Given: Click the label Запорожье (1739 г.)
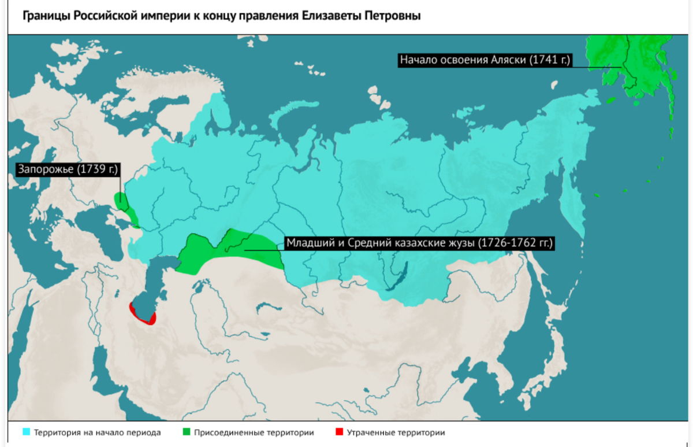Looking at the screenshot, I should click(x=67, y=169).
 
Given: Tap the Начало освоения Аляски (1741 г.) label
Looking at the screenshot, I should click(x=485, y=60).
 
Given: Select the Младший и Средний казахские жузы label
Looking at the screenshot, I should click(x=419, y=243).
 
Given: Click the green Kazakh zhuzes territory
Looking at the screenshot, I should click(x=231, y=250).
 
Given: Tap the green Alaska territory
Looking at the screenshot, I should click(x=635, y=64).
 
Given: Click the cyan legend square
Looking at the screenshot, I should click(x=26, y=432).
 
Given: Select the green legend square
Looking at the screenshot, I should click(x=186, y=432).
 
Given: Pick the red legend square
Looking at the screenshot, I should click(x=339, y=432).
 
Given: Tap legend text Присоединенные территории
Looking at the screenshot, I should click(x=254, y=433).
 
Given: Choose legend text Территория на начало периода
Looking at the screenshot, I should click(x=97, y=433).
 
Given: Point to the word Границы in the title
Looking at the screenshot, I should click(x=47, y=16).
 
